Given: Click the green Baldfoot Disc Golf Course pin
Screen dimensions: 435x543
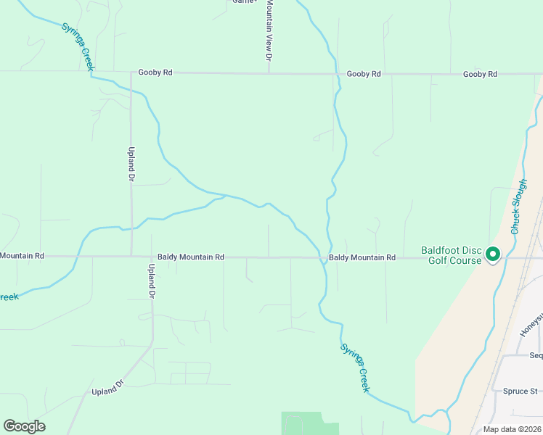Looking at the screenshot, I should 493,254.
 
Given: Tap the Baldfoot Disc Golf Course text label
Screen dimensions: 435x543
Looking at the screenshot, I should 451,256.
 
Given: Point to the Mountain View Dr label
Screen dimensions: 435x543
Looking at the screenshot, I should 269,30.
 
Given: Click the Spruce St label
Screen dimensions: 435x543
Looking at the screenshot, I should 520,391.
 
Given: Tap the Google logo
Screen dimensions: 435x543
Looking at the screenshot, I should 24,426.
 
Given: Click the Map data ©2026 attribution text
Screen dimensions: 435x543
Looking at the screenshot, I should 512,429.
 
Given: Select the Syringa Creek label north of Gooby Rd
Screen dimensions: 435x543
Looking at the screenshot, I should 78,47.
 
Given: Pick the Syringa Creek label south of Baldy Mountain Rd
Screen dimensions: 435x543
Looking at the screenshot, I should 356,368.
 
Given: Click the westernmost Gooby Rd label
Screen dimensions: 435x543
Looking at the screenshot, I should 156,73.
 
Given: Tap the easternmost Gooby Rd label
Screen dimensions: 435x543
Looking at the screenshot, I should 480,74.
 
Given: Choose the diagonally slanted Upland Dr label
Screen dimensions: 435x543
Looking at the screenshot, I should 110,386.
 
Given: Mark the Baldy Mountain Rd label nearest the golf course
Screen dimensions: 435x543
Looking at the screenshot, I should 362,257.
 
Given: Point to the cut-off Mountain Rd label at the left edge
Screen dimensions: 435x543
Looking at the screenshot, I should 22,256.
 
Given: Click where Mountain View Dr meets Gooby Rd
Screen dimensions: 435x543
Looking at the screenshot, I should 269,73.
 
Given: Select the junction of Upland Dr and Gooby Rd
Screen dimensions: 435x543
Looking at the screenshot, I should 131,73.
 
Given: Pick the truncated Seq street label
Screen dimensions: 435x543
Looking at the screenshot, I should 536,355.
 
